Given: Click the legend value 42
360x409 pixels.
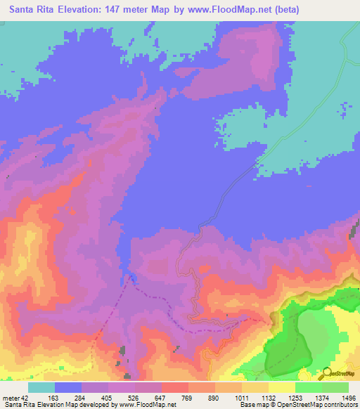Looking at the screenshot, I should (26, 398).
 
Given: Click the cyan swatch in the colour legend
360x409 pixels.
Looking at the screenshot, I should (41, 387).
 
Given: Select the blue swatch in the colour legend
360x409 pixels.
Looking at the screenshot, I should (68, 387).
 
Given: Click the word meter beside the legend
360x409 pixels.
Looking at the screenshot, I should (11, 398).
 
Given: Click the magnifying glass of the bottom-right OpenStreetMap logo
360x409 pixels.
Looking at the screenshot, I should (326, 373).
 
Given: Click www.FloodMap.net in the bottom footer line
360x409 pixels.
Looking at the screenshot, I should (148, 405).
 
